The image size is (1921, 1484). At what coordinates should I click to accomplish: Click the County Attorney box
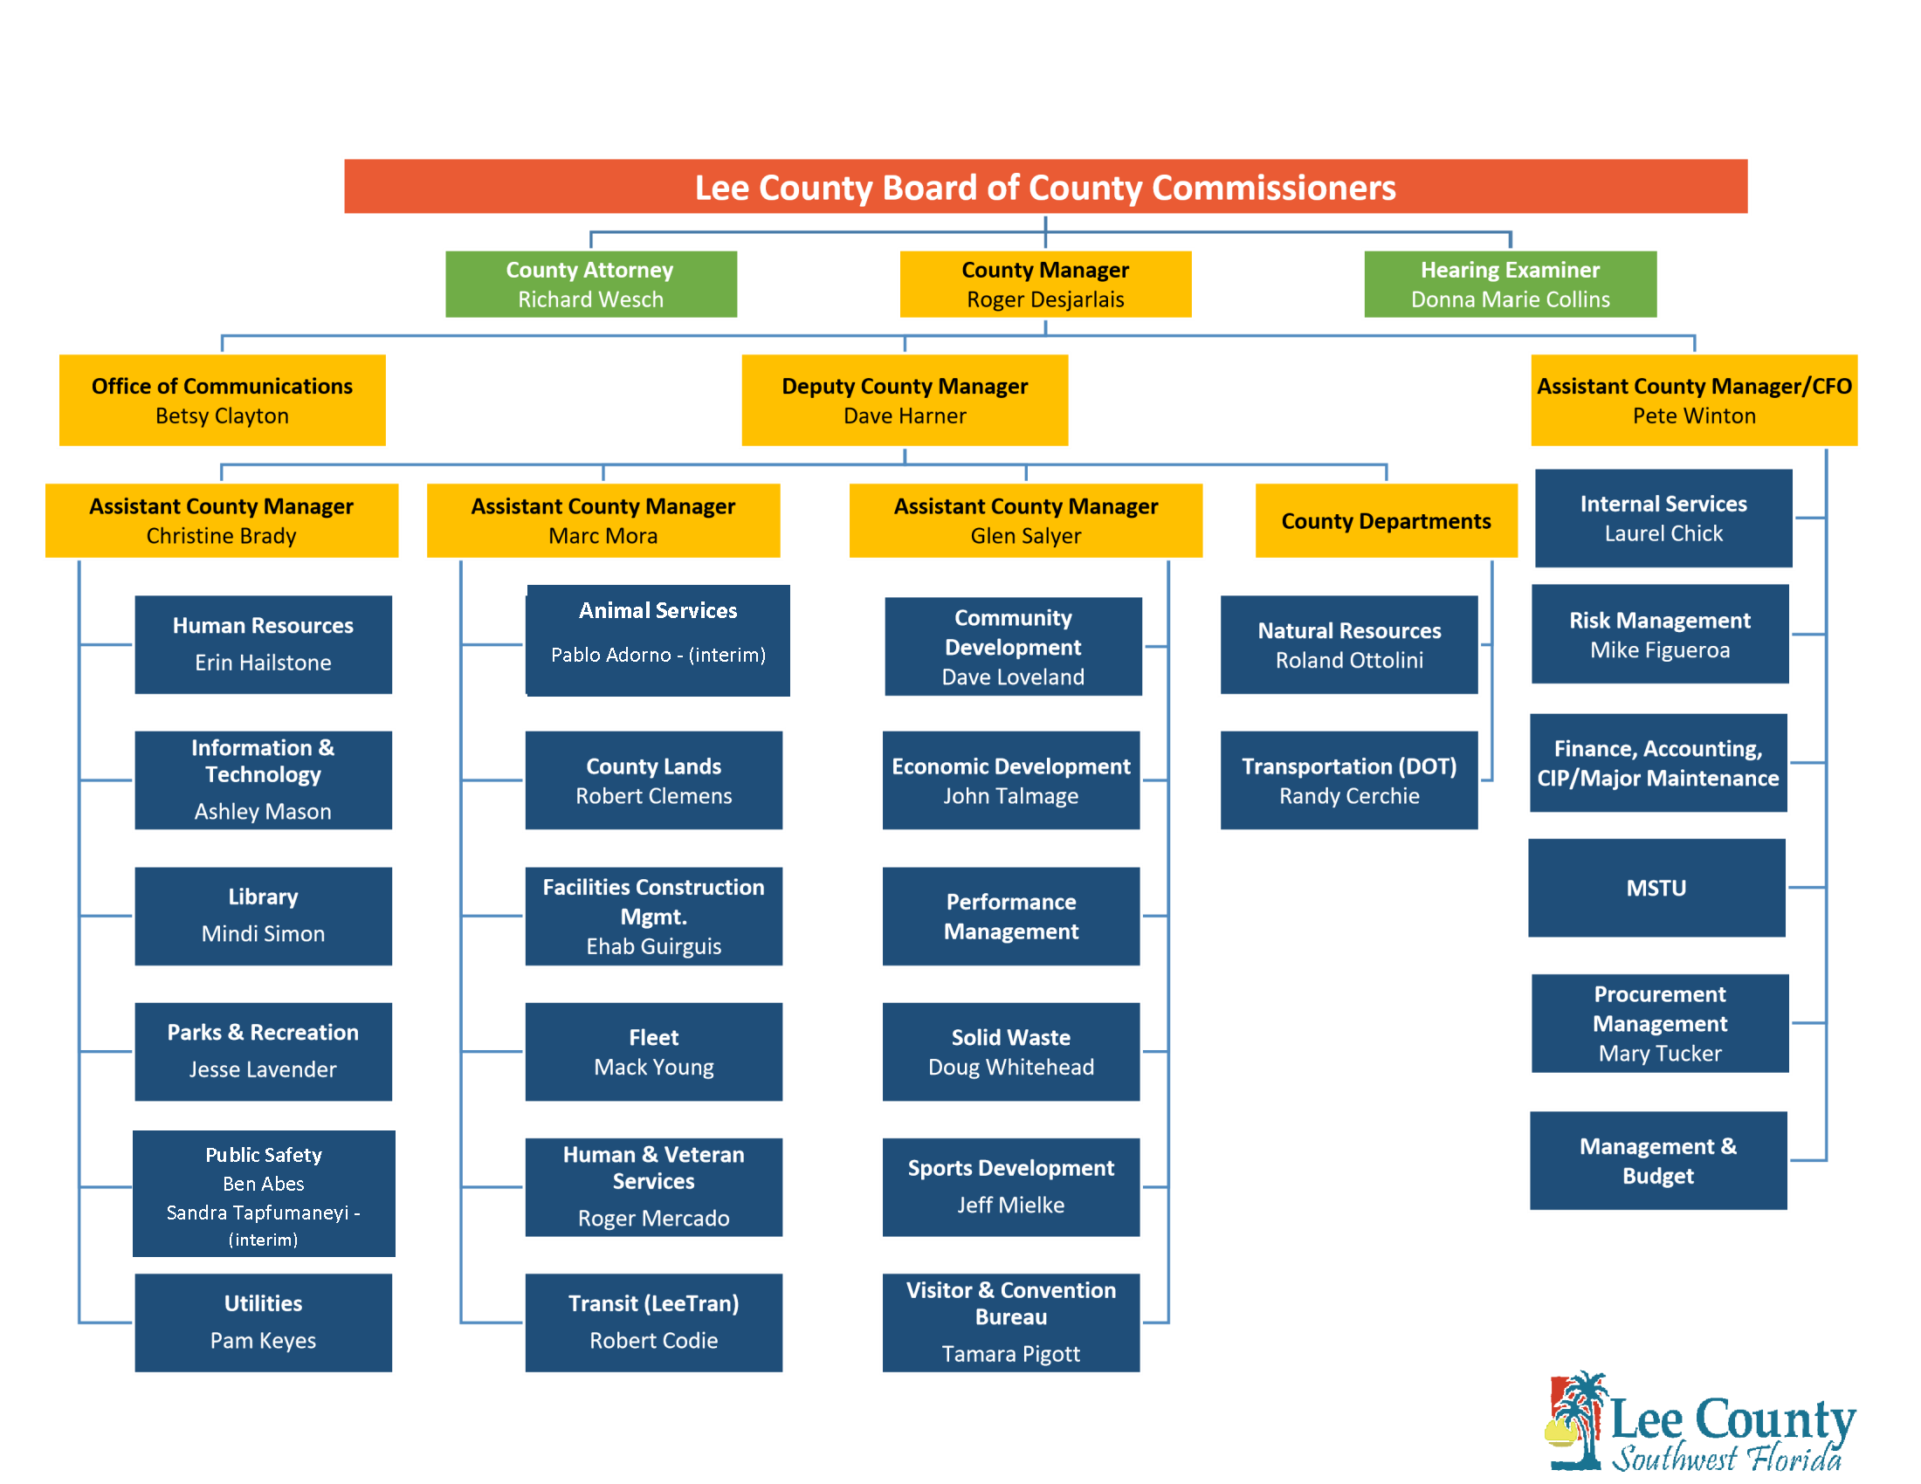(x=591, y=284)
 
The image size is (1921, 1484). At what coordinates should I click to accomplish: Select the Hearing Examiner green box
(x=1510, y=284)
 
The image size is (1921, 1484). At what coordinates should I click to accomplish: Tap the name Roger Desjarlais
(x=1045, y=299)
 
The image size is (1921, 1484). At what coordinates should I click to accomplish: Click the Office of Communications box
(x=222, y=400)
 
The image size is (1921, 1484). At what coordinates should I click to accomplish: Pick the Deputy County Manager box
(x=905, y=400)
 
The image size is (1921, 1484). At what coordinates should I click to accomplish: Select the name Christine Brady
(x=222, y=535)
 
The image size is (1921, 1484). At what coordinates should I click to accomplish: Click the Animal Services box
(x=657, y=640)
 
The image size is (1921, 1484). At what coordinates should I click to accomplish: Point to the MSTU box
(x=1656, y=887)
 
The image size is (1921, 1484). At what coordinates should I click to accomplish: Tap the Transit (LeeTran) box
(x=653, y=1322)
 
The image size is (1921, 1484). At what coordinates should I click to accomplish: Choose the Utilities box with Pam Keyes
(x=263, y=1322)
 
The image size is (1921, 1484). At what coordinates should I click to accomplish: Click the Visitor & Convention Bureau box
(x=1010, y=1322)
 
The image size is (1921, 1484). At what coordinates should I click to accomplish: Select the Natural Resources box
(x=1348, y=644)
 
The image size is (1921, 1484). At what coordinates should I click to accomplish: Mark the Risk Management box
(x=1659, y=634)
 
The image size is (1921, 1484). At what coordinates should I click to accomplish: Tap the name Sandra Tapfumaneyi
(x=258, y=1213)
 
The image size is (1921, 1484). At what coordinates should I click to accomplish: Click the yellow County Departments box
(x=1386, y=520)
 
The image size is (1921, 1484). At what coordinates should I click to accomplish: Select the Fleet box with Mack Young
(x=653, y=1052)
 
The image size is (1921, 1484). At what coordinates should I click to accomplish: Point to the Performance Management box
(x=1010, y=916)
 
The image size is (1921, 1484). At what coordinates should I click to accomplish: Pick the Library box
(x=263, y=916)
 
